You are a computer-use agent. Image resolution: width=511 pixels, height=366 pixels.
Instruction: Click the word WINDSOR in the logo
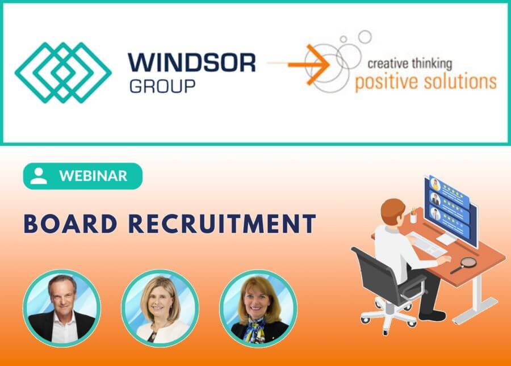click(x=192, y=63)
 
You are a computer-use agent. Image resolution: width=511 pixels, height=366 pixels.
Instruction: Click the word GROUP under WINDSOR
click(x=162, y=86)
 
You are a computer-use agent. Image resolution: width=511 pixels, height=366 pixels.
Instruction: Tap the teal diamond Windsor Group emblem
click(x=63, y=73)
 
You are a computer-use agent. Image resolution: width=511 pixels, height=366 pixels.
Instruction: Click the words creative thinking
click(x=409, y=64)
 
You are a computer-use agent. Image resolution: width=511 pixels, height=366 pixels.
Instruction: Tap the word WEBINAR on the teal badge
click(x=93, y=176)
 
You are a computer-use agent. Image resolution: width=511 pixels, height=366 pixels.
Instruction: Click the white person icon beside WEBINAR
click(x=39, y=176)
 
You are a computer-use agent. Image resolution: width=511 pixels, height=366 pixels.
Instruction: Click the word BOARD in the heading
click(x=70, y=224)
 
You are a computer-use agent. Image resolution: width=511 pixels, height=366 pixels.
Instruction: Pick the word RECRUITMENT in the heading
click(x=222, y=224)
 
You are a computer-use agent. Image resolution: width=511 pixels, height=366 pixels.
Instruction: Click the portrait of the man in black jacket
click(x=61, y=308)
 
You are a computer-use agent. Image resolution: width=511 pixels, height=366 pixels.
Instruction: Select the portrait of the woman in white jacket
click(x=160, y=308)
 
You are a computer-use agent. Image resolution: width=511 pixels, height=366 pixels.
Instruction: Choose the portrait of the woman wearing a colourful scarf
click(x=258, y=308)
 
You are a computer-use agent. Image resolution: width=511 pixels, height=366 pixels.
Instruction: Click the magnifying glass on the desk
click(x=464, y=264)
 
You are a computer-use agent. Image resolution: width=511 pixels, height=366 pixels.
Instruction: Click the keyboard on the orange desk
click(x=426, y=244)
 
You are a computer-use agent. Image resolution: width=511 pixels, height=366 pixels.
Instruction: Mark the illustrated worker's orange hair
click(x=393, y=208)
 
